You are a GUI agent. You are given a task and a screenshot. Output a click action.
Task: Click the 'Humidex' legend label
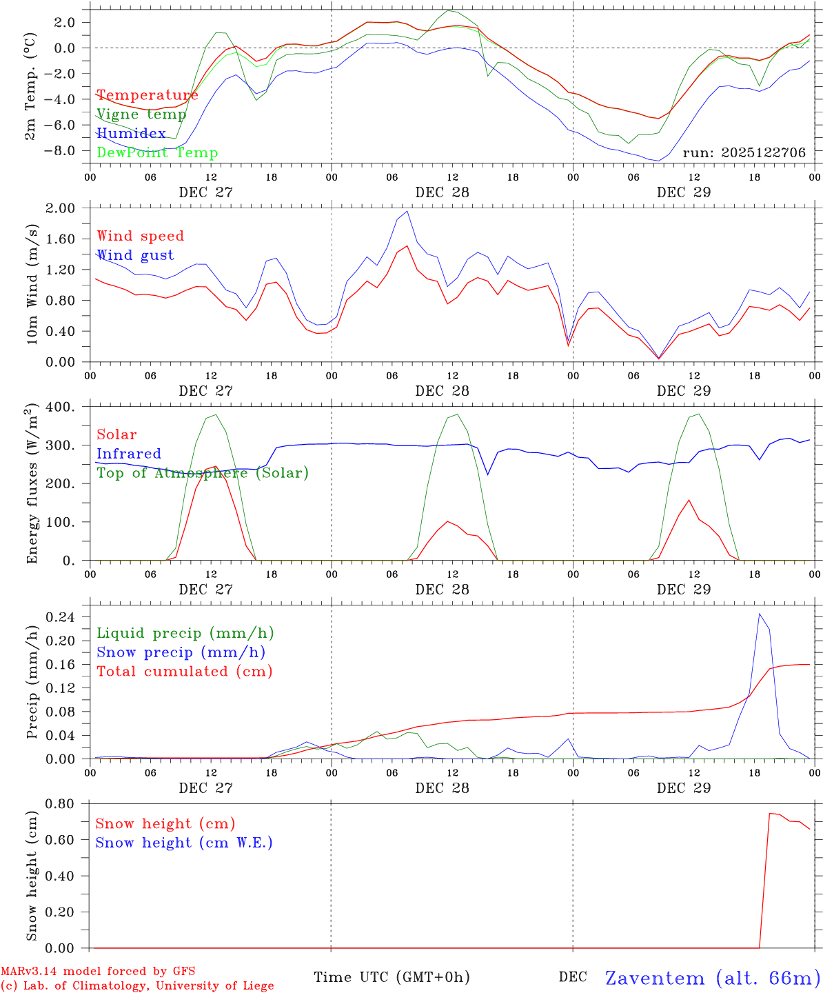131,134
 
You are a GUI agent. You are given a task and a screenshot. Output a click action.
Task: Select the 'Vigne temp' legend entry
141,114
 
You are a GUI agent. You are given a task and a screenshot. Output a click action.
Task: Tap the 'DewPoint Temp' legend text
157,153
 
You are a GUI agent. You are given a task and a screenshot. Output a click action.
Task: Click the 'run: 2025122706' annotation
744,152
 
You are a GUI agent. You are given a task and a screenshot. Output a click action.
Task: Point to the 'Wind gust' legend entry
135,255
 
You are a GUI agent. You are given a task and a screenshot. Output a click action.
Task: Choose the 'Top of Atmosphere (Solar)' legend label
203,473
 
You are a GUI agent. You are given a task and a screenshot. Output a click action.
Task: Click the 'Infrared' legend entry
129,454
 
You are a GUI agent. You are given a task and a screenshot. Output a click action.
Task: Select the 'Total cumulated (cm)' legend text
185,672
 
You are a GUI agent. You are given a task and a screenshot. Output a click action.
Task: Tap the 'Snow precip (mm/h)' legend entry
181,652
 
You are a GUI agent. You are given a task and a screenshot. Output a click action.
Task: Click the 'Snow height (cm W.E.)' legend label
184,843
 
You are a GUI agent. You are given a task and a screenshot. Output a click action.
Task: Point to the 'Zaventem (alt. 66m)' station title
713,978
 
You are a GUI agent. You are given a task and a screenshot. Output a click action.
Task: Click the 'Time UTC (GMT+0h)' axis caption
392,977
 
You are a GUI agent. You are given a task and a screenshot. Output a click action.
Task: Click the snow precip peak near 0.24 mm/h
760,614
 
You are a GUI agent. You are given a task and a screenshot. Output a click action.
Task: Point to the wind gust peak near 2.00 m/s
407,211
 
